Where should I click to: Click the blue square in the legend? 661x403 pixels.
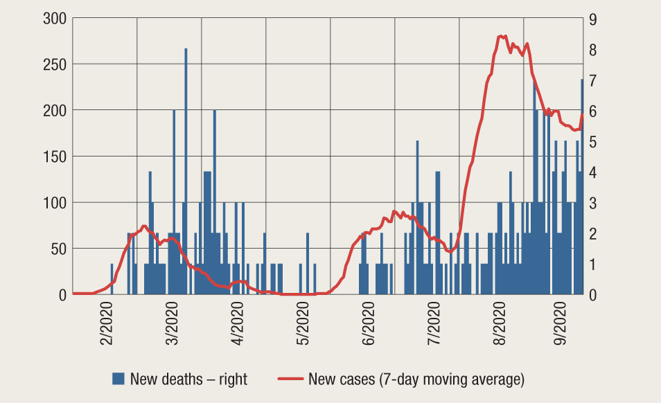[x=118, y=379]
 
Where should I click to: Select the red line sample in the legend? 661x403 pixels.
[x=290, y=379]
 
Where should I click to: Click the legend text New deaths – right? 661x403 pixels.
[x=188, y=379]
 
